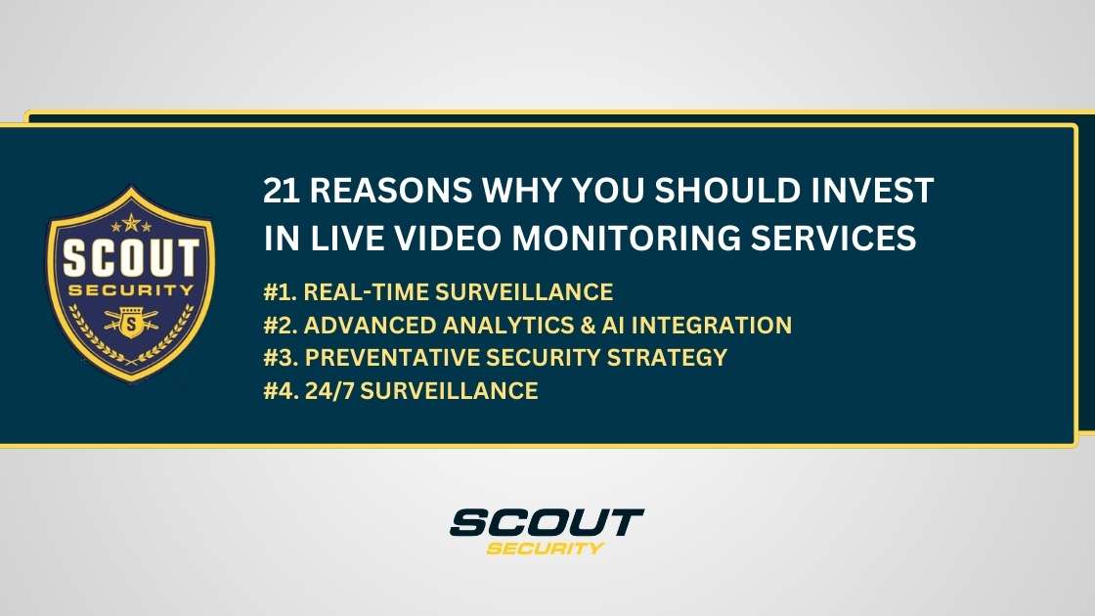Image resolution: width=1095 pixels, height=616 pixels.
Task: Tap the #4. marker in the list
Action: coord(283,390)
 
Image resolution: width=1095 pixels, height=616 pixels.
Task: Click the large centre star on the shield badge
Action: coord(130,221)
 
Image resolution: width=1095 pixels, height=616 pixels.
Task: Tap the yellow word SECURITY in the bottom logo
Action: coord(546,548)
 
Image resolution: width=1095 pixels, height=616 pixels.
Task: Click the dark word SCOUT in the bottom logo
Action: coord(546,522)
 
